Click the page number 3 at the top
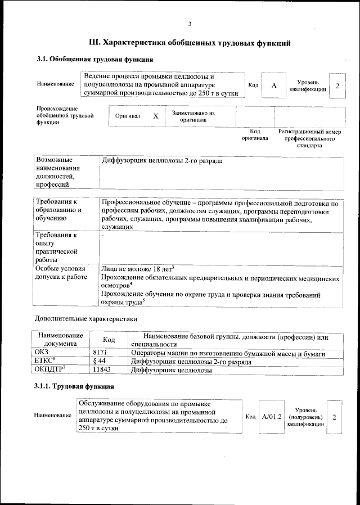pyautogui.click(x=190, y=23)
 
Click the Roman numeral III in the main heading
pyautogui.click(x=96, y=42)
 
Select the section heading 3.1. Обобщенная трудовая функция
pyautogui.click(x=94, y=60)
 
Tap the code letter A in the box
pyautogui.click(x=274, y=85)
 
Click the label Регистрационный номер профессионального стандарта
pyautogui.click(x=309, y=138)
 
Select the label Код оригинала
pyautogui.click(x=255, y=134)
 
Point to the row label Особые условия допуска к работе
pyautogui.click(x=61, y=273)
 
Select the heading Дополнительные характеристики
pyautogui.click(x=86, y=319)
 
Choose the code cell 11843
pyautogui.click(x=101, y=371)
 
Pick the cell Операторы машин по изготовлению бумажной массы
pyautogui.click(x=228, y=354)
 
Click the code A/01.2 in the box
pyautogui.click(x=271, y=417)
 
